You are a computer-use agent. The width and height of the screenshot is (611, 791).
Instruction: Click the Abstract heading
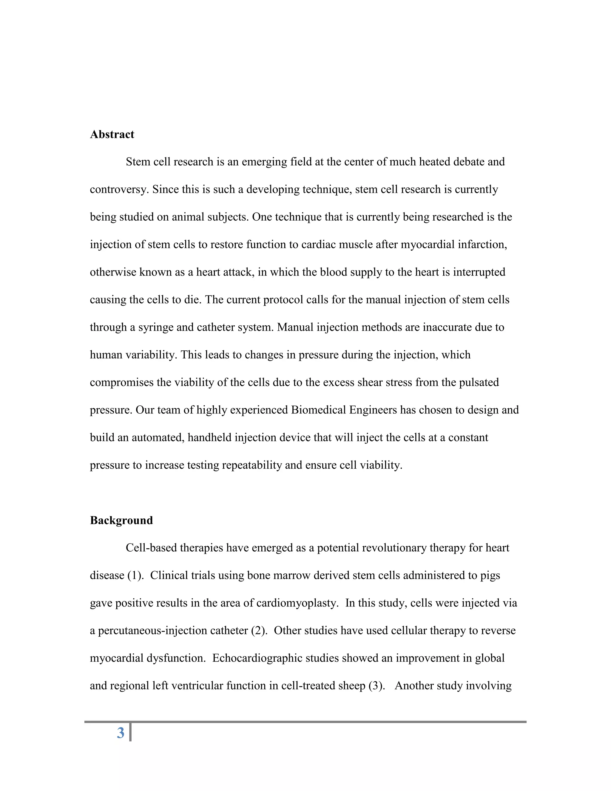[112, 134]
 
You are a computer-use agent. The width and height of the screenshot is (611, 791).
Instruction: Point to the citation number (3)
[377, 686]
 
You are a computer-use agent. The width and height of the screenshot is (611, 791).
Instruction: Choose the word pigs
[490, 575]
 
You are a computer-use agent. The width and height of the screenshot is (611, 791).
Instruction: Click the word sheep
[351, 686]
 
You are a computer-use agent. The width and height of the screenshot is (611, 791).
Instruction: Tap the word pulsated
[479, 382]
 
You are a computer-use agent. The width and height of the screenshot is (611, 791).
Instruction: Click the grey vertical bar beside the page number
[130, 732]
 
